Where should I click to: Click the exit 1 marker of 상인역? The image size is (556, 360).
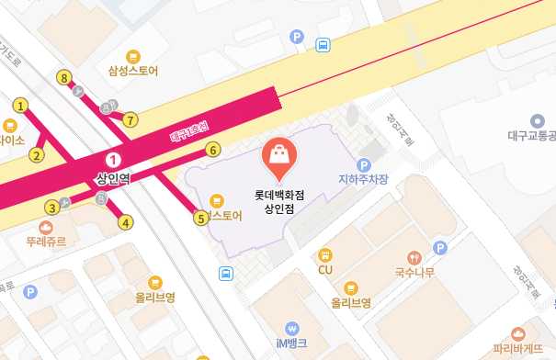click(20, 107)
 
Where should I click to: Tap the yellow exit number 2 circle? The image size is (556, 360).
click(38, 154)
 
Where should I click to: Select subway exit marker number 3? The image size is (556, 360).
click(52, 208)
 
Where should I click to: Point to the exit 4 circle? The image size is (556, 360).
click(126, 221)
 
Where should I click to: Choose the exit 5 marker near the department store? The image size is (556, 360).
click(200, 218)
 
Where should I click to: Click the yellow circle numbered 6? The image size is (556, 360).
click(212, 150)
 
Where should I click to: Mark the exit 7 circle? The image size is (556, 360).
click(130, 119)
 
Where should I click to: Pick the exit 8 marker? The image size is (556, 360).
click(63, 78)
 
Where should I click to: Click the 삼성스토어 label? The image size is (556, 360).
click(133, 70)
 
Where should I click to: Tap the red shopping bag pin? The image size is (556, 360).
click(279, 159)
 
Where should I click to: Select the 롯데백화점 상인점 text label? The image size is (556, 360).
click(279, 201)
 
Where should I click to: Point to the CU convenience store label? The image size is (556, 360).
click(324, 270)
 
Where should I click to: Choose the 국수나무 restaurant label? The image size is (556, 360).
click(414, 273)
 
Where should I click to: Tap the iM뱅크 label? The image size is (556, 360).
click(292, 343)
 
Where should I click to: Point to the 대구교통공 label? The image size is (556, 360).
click(531, 135)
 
